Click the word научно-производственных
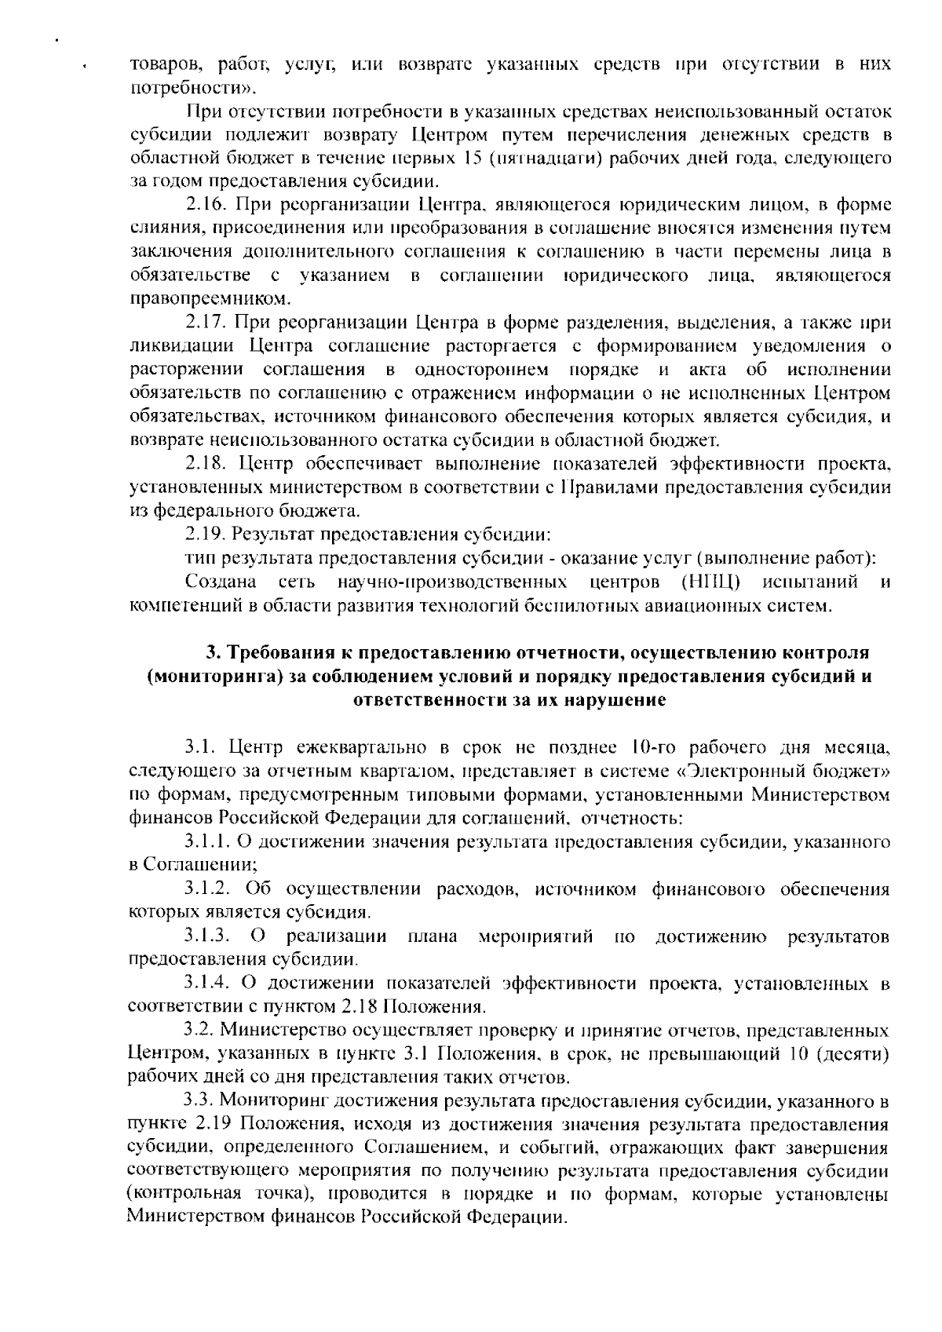click(452, 582)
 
